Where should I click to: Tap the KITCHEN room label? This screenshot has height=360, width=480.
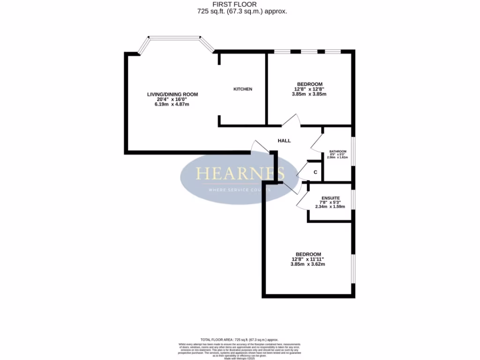coord(243,89)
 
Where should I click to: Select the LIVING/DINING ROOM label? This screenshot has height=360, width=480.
coord(172,94)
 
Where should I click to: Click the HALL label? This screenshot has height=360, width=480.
coord(284,141)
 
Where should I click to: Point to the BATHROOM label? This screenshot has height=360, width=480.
coord(337,151)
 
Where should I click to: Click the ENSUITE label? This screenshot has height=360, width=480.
coord(330,198)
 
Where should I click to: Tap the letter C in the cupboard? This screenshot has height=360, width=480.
coord(315,172)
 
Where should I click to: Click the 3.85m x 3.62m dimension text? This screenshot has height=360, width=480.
coord(307,264)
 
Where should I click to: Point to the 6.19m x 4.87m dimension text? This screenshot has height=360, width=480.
coord(172,105)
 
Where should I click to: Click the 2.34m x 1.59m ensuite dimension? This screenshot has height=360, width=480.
coord(330,207)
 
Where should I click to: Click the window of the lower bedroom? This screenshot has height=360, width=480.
coord(353,269)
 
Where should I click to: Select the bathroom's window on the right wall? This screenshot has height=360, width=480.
coord(353,151)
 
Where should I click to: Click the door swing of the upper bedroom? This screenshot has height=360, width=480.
coord(292,120)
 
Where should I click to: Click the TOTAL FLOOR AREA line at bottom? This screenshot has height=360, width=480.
coord(240,339)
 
